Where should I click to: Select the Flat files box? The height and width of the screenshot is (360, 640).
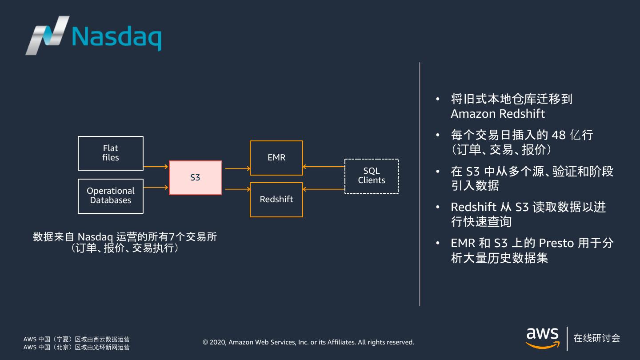(x=111, y=153)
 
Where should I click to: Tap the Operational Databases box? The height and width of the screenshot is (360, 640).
(x=111, y=196)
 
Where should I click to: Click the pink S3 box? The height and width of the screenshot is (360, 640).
(x=195, y=178)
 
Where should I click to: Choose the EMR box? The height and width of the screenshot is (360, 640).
(x=276, y=158)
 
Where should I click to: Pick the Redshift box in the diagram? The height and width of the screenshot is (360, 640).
(x=276, y=200)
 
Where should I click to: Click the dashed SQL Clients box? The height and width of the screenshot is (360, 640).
(x=372, y=176)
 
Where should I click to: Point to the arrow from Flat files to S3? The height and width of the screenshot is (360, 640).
(x=156, y=167)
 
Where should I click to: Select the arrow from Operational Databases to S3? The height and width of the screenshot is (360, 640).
(x=156, y=188)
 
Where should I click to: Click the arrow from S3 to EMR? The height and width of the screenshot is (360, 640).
(x=238, y=168)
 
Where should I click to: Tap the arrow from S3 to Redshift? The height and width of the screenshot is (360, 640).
(x=238, y=189)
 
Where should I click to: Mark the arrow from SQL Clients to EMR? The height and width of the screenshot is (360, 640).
(x=324, y=167)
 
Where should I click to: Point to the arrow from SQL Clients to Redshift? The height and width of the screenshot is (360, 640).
(x=324, y=189)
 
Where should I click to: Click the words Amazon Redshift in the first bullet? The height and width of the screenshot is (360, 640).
(x=498, y=114)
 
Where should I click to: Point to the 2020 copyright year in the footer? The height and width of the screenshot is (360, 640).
(x=218, y=342)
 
